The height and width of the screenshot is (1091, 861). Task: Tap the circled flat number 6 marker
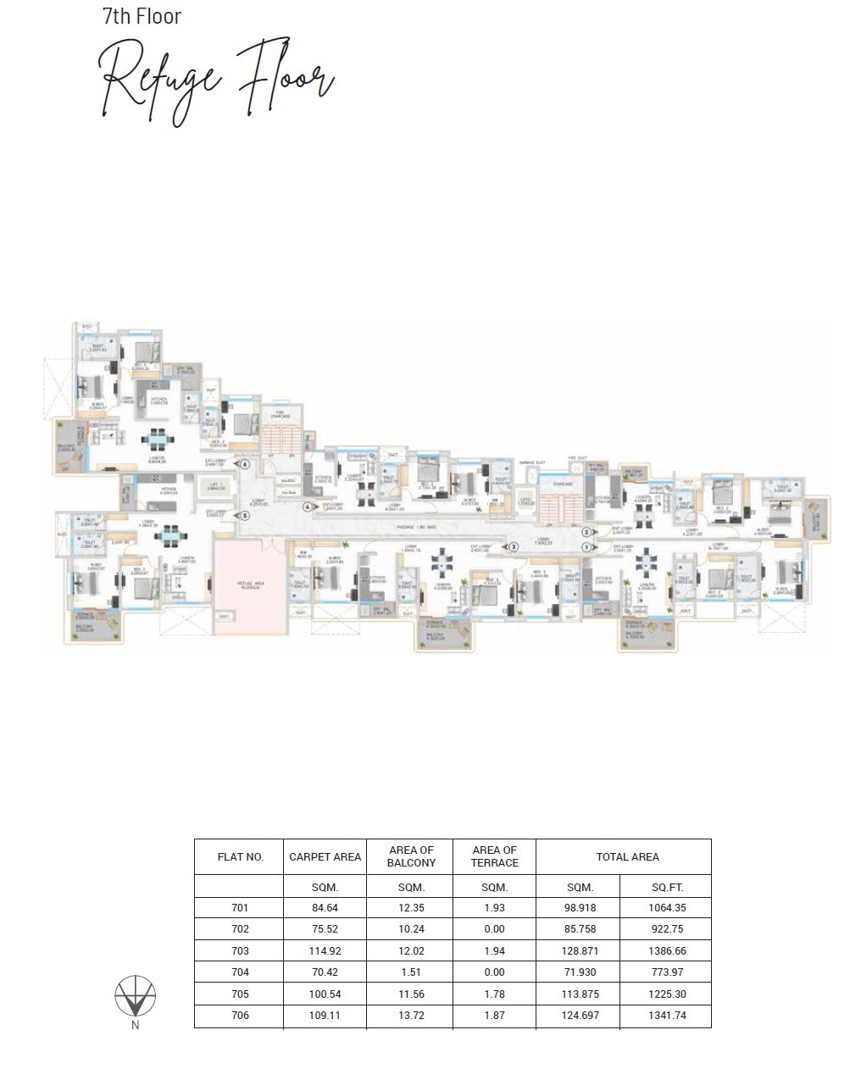point(244,463)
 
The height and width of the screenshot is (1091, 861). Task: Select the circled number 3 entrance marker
point(513,547)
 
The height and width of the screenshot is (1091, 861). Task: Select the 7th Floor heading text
point(142,16)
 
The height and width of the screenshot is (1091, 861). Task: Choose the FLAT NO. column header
point(241,856)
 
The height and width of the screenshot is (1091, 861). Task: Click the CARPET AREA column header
point(325,856)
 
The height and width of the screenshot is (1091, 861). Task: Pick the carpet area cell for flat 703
point(325,951)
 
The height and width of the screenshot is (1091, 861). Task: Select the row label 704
point(240,972)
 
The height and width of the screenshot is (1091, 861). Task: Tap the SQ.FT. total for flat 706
point(666,1016)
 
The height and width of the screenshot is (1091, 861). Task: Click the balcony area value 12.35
point(410,908)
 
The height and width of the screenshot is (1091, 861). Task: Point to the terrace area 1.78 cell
point(494,994)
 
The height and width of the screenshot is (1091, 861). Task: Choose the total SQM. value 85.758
point(580,929)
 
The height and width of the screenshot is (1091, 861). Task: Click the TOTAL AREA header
point(627,856)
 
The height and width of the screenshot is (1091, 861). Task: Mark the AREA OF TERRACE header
point(495,856)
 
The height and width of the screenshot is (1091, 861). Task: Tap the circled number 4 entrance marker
point(309,507)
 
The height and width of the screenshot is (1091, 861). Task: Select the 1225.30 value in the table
point(666,994)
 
